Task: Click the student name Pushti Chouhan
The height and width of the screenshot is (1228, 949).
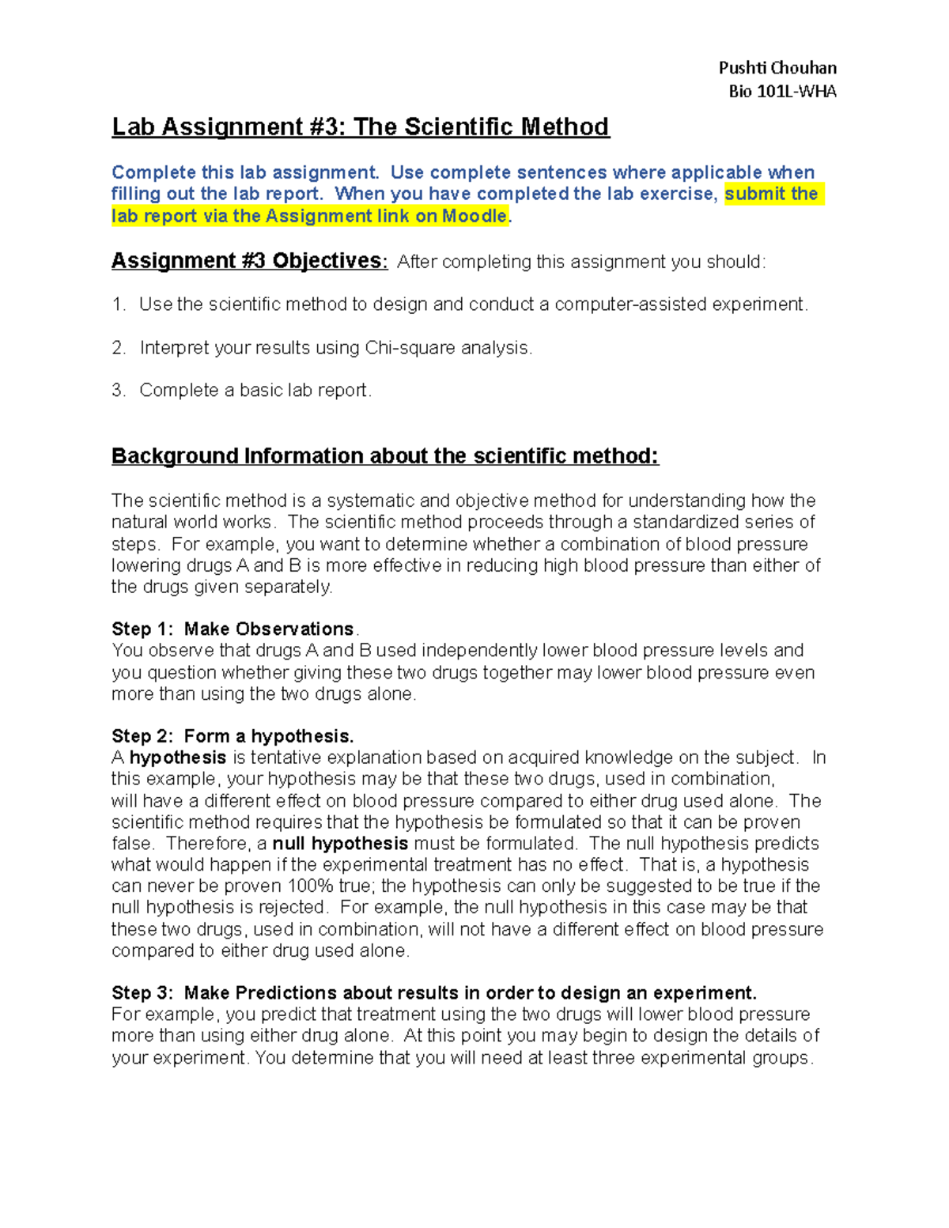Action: tap(777, 68)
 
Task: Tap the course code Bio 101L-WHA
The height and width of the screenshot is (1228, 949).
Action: tap(782, 92)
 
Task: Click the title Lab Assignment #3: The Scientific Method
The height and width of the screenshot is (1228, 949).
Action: tap(360, 127)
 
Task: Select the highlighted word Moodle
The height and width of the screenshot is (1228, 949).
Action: tap(475, 217)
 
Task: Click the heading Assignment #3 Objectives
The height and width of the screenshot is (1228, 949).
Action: tap(248, 261)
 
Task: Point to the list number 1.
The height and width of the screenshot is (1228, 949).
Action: tap(119, 305)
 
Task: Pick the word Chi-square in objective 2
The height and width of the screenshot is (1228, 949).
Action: tap(410, 348)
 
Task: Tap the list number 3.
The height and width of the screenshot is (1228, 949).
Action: tap(119, 391)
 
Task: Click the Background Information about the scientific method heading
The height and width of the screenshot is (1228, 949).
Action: tap(384, 456)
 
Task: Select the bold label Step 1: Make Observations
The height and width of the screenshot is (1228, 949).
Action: tap(233, 629)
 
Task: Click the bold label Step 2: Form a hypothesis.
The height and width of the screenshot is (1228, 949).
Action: tap(233, 736)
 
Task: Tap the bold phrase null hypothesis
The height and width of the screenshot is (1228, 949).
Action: tap(340, 844)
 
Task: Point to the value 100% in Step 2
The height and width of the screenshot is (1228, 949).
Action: tap(309, 886)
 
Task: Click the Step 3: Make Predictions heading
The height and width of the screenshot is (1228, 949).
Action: tap(433, 993)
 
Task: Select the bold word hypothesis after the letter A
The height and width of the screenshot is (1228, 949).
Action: tap(178, 758)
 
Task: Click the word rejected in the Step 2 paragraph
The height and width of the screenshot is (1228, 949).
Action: tap(289, 908)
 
